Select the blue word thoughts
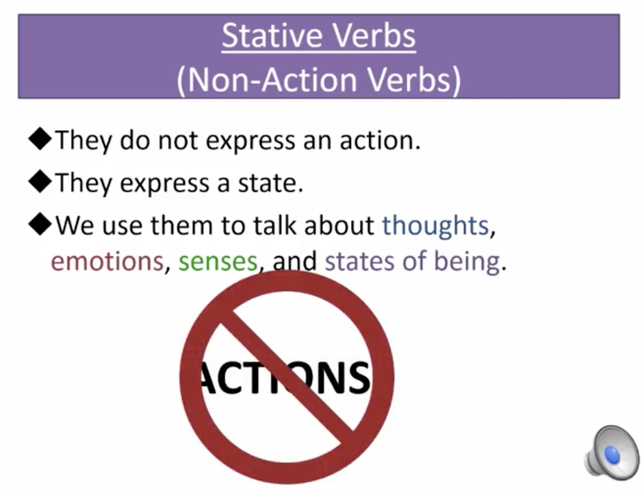pyautogui.click(x=435, y=225)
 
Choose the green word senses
pyautogui.click(x=218, y=261)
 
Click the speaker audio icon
pyautogui.click(x=611, y=451)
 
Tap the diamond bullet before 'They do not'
pyautogui.click(x=40, y=140)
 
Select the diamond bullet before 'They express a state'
pyautogui.click(x=40, y=183)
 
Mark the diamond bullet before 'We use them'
pyautogui.click(x=40, y=225)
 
